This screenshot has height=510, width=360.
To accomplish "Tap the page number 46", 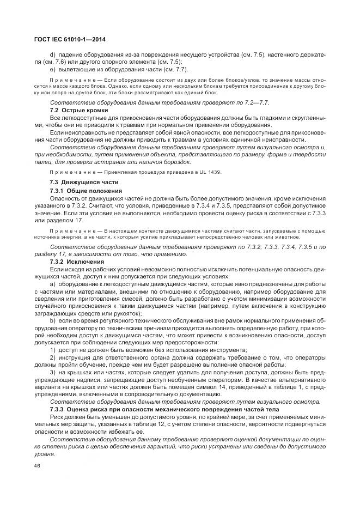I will coord(37,466).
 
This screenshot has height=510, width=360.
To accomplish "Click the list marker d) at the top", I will coord(53,54).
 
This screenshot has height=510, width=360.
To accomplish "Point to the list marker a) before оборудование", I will coord(53,284).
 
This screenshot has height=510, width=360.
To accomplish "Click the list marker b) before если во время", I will coord(53,321).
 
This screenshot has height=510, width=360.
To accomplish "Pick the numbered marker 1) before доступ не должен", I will coord(53,350).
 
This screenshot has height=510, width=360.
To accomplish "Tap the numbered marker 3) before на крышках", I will coord(53,372).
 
